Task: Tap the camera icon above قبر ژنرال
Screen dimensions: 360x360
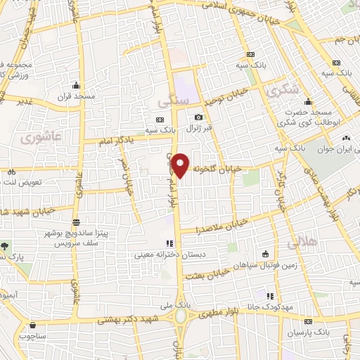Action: [x=199, y=117]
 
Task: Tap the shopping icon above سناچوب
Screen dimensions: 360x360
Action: [x=32, y=326]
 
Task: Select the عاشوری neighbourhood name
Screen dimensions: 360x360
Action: [x=43, y=139]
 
